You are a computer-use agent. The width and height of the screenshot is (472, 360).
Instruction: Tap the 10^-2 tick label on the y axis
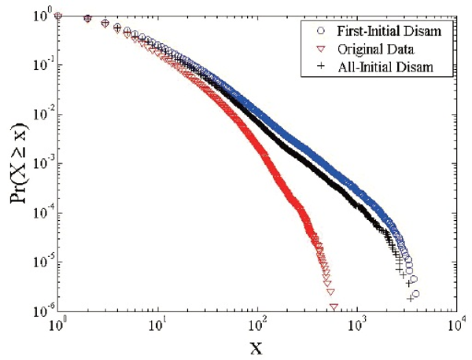coord(40,115)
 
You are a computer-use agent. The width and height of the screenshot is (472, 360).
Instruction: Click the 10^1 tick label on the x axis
coord(157,325)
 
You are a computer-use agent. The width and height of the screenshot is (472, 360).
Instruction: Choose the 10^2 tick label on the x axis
coord(257,325)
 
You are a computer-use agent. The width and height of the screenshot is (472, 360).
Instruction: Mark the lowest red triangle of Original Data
coord(334,307)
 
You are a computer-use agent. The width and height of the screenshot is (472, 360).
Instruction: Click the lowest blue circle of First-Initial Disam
coord(415,294)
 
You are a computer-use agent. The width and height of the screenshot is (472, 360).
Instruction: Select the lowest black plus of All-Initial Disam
coord(410,299)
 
